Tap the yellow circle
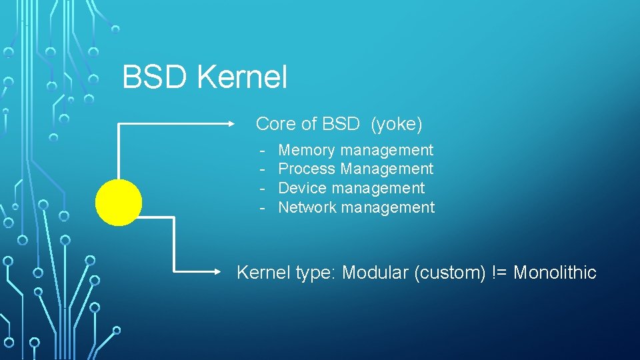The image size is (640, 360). (x=119, y=203)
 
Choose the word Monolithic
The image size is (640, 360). (x=555, y=273)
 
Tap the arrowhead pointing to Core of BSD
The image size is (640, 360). (x=231, y=123)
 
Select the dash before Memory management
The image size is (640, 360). (x=263, y=151)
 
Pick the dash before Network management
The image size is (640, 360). (x=263, y=208)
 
